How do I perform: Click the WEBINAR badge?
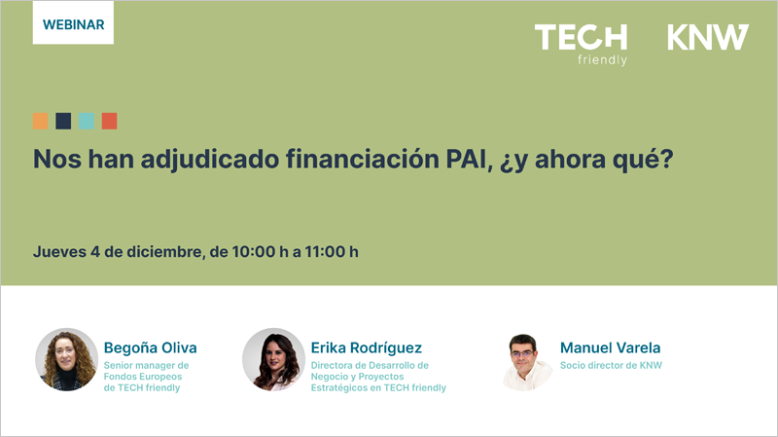click(x=73, y=22)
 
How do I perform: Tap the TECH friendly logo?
click(x=581, y=43)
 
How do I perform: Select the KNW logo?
click(x=708, y=38)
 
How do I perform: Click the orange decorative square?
click(x=40, y=121)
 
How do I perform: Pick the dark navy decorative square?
click(x=63, y=121)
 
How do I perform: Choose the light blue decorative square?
click(x=87, y=121)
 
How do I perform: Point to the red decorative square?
click(x=109, y=121)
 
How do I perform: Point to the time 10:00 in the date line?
click(x=253, y=251)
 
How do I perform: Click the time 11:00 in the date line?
click(x=324, y=251)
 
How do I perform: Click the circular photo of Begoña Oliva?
click(x=66, y=359)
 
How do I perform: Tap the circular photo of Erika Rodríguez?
click(x=273, y=359)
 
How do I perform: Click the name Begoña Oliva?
click(x=150, y=347)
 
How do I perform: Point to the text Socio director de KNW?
click(x=611, y=366)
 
